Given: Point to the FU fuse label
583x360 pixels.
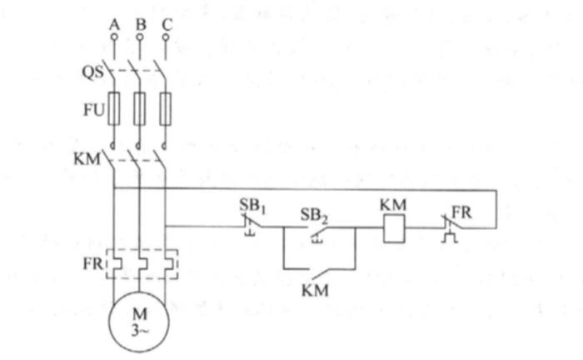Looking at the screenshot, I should (x=93, y=110).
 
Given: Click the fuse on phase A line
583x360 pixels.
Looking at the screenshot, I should (x=114, y=109).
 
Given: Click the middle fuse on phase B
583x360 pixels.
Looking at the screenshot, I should (x=140, y=109).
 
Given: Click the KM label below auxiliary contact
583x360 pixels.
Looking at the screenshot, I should (x=315, y=292).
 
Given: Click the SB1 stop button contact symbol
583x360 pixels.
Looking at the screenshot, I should (x=249, y=226).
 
